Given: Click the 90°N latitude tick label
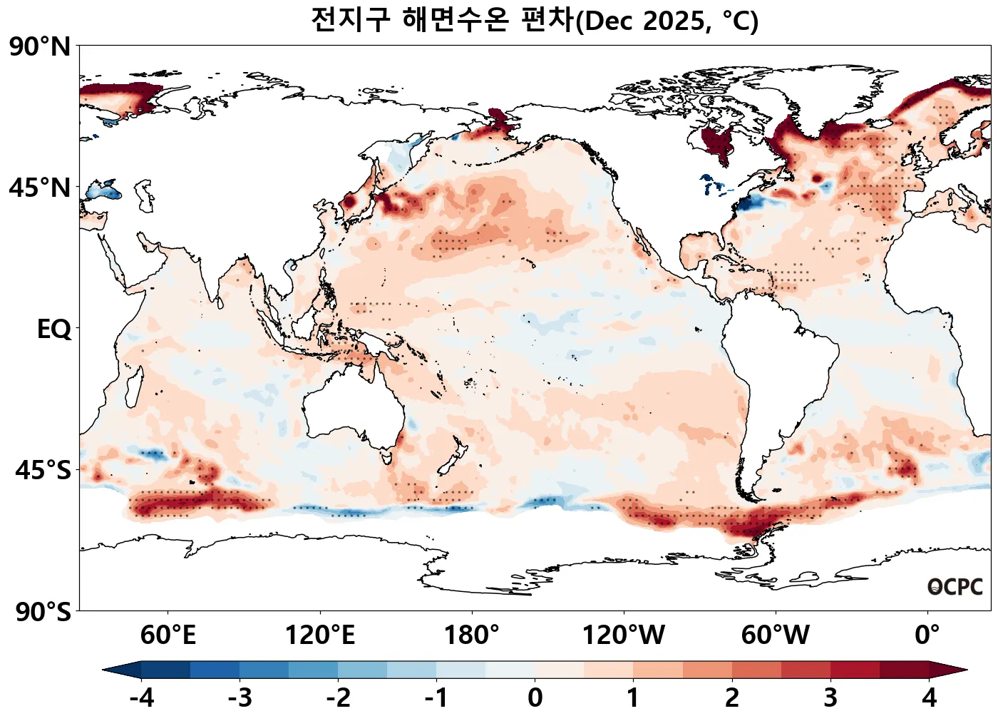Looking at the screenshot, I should (x=40, y=48).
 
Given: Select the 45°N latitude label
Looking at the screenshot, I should (x=40, y=188).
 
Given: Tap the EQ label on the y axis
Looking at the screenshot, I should (x=54, y=329).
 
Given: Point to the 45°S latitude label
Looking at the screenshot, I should (x=43, y=471).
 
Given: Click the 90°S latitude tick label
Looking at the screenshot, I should (x=43, y=612).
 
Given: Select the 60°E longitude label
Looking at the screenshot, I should (x=168, y=635).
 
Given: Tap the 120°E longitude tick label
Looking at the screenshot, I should (x=319, y=635).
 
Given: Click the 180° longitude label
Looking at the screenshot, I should (x=471, y=635).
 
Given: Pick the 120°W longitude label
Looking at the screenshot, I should (x=624, y=635).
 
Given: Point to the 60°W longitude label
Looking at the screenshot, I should (x=775, y=635).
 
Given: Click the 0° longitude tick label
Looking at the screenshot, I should (x=927, y=635).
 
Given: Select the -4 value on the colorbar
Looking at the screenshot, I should (x=141, y=697).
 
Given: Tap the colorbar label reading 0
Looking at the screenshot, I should (x=535, y=697).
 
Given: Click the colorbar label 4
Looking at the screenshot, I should (x=929, y=697).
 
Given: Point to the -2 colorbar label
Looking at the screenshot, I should (x=338, y=697).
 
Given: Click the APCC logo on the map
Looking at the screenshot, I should (x=955, y=587).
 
